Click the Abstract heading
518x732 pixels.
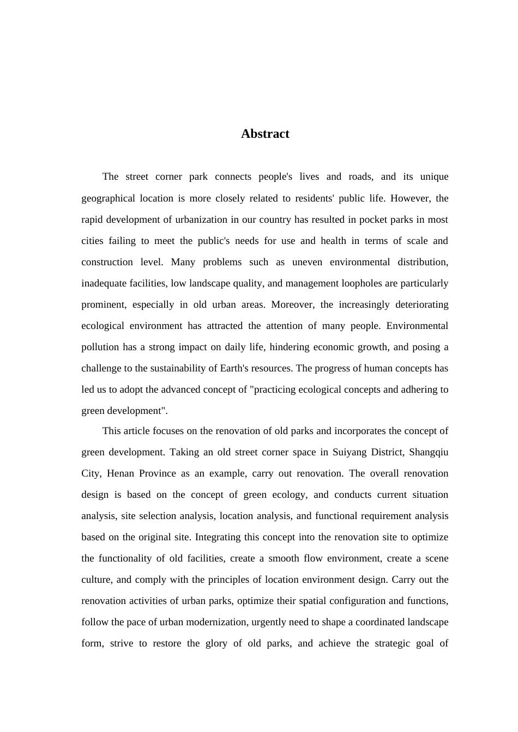click(x=265, y=134)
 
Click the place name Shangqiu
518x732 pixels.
click(x=429, y=452)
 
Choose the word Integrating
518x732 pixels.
click(x=218, y=537)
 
